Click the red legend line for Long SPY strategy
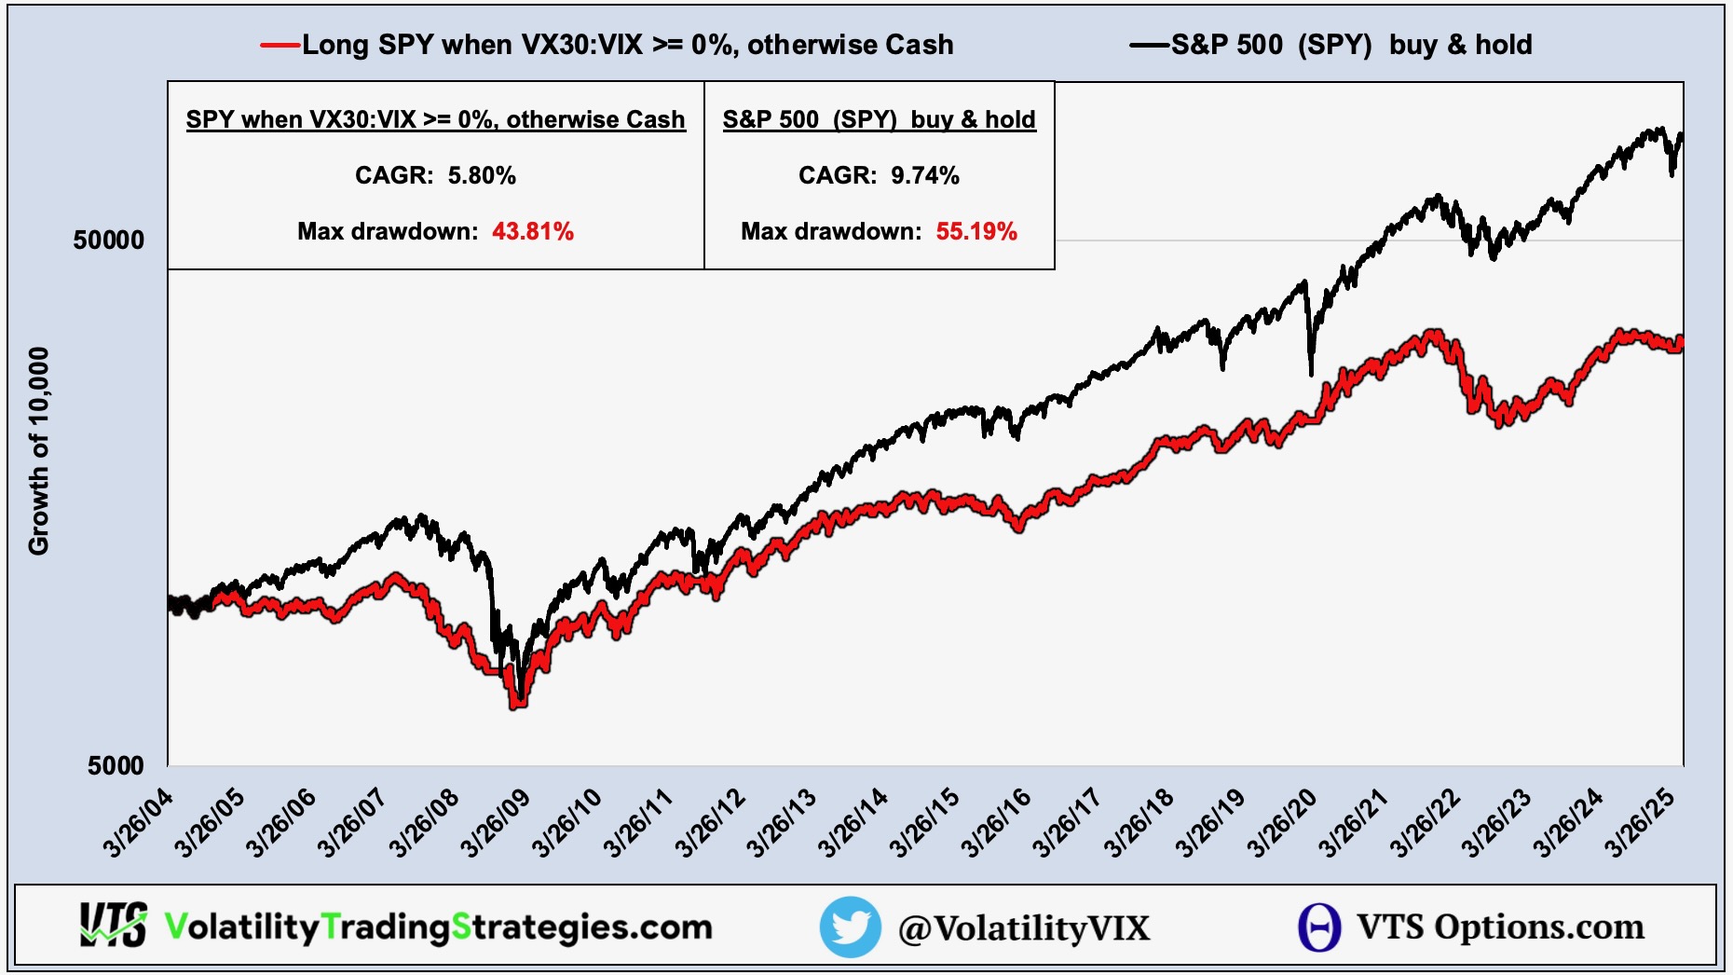click(x=280, y=45)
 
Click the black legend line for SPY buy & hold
click(x=1149, y=45)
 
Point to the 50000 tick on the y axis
click(x=109, y=240)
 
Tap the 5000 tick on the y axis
click(x=116, y=766)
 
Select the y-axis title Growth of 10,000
click(x=39, y=451)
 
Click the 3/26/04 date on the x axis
click(x=138, y=822)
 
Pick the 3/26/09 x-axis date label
click(x=496, y=822)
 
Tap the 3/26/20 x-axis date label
click(x=1283, y=822)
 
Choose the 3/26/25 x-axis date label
click(x=1640, y=822)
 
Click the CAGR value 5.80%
click(x=482, y=175)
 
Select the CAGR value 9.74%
click(x=925, y=175)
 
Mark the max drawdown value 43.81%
click(x=533, y=231)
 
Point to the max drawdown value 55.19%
click(x=976, y=231)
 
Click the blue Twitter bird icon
click(x=850, y=927)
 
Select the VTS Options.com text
click(x=1500, y=927)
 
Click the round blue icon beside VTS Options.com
click(x=1318, y=927)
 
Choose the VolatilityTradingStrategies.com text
click(x=438, y=927)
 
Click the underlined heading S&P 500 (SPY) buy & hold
click(x=879, y=119)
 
